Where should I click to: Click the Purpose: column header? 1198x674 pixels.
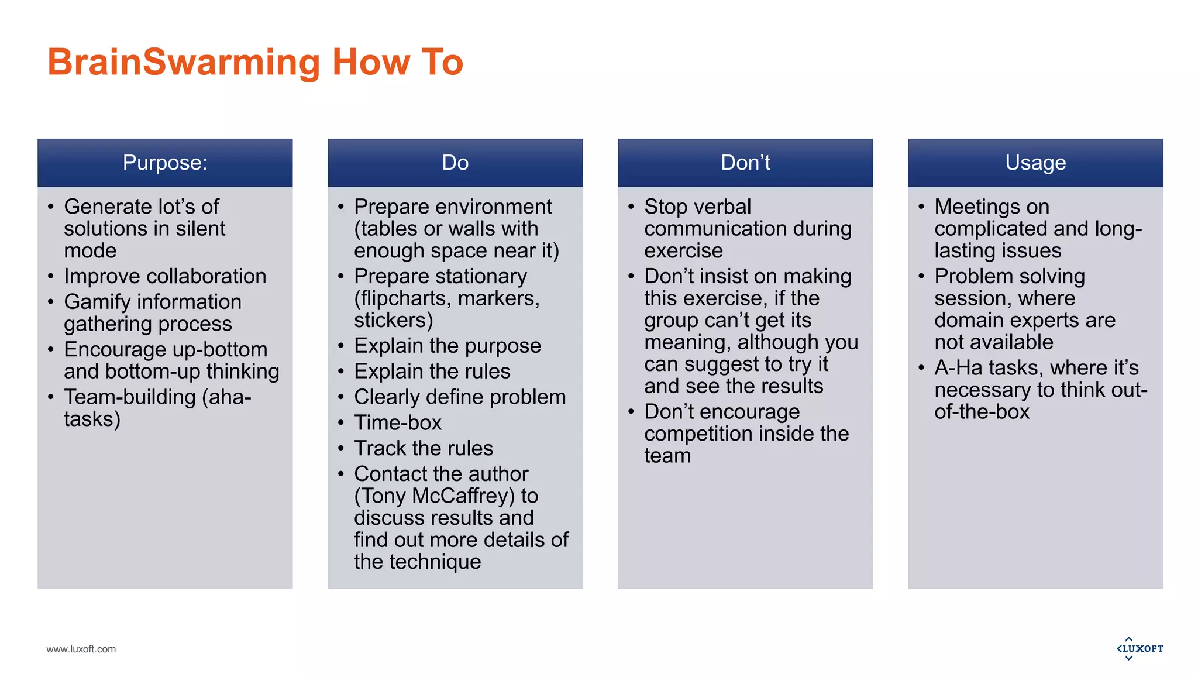[x=165, y=163]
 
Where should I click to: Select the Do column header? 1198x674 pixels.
[x=455, y=163]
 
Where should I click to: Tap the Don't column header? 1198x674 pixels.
[x=745, y=163]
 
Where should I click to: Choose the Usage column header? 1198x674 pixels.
[x=1035, y=163]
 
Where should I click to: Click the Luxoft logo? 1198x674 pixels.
[x=1140, y=648]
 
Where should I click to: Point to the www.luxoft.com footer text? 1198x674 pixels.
[x=81, y=649]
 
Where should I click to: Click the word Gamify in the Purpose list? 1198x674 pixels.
[x=97, y=302]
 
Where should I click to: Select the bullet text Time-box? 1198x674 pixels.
[x=398, y=422]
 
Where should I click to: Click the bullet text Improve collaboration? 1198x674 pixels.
[x=165, y=276]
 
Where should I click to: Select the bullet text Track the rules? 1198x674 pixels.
[x=424, y=448]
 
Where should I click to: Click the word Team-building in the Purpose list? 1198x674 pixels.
[x=130, y=397]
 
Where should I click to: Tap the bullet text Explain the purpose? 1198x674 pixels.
[x=447, y=346]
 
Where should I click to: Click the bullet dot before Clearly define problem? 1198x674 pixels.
[x=341, y=397]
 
